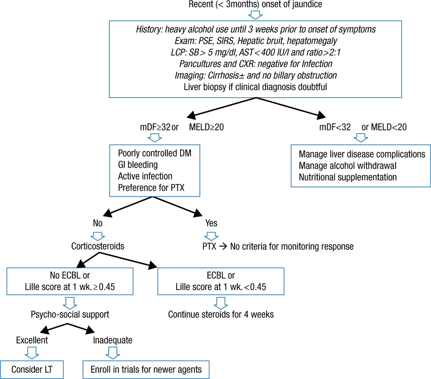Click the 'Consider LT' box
(x=32, y=370)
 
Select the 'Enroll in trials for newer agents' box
(x=146, y=370)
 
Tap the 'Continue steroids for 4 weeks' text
(x=221, y=314)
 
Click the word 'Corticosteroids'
(x=98, y=246)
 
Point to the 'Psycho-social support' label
(x=70, y=314)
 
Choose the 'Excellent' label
(x=32, y=340)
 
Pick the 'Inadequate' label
(x=112, y=340)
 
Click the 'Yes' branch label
(x=211, y=223)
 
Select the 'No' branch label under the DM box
(x=98, y=223)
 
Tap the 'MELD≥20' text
(x=206, y=127)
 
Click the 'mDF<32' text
(x=335, y=127)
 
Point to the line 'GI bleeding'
(x=138, y=165)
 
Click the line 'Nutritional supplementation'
(x=348, y=177)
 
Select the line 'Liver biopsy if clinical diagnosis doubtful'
(x=255, y=87)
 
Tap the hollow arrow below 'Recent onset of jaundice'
(x=255, y=15)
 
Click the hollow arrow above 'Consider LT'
(x=32, y=352)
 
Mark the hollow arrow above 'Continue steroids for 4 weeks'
(x=221, y=303)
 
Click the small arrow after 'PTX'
(x=223, y=247)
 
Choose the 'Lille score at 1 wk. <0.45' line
(x=221, y=287)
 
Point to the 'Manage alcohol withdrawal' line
(x=347, y=166)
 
